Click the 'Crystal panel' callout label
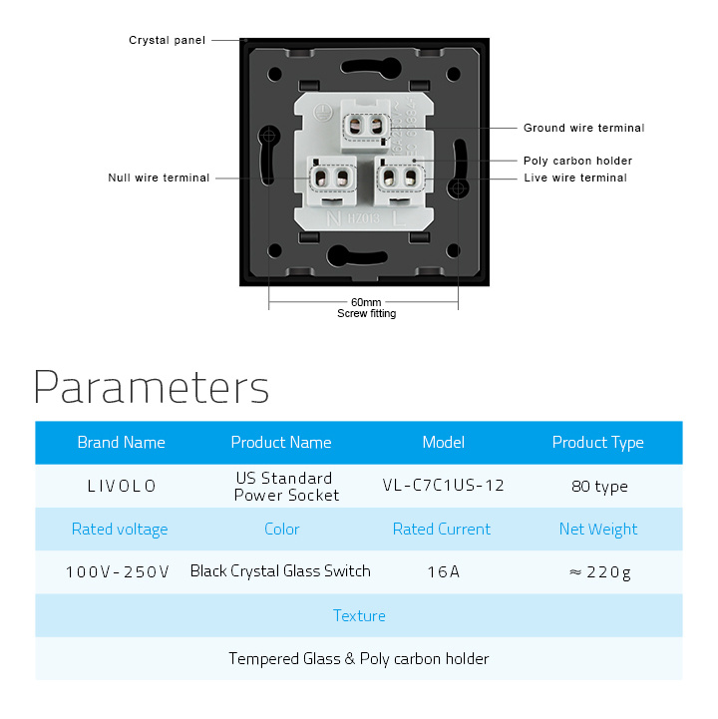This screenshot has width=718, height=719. click(167, 40)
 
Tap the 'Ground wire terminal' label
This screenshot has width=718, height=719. click(583, 128)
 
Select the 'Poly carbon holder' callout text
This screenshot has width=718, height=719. click(577, 161)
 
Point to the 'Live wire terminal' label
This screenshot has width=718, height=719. click(575, 178)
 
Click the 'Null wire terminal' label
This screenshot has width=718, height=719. click(159, 178)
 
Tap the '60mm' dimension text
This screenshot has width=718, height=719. click(366, 302)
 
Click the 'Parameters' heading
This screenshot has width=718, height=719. click(152, 388)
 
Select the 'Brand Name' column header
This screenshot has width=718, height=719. click(121, 443)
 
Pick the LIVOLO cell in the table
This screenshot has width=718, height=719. click(122, 486)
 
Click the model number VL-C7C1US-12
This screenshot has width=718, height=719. click(444, 485)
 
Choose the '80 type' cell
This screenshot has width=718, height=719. click(599, 487)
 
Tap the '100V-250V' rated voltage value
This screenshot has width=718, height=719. click(118, 572)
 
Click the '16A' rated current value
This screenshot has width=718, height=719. click(444, 571)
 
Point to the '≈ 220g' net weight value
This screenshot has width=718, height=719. click(599, 572)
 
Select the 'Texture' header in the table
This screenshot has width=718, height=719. click(359, 616)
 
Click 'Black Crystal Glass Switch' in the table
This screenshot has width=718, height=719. click(280, 571)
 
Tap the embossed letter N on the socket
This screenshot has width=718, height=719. click(334, 218)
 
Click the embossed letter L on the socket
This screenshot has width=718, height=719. click(399, 218)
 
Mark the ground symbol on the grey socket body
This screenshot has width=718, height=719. click(323, 113)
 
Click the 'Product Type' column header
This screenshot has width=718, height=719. click(598, 443)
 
